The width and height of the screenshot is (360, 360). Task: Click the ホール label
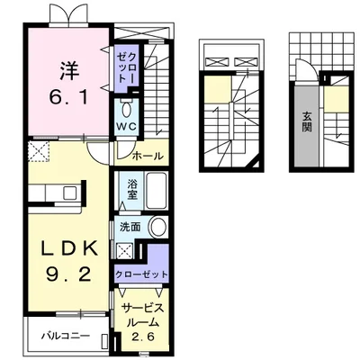pyautogui.click(x=148, y=156)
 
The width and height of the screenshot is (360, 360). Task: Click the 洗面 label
pyautogui.click(x=130, y=228)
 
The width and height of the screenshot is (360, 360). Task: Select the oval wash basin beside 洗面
pyautogui.click(x=157, y=227)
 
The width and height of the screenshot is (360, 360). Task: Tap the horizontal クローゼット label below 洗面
pyautogui.click(x=140, y=273)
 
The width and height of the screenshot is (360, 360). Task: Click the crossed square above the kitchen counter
pyautogui.click(x=39, y=150)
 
